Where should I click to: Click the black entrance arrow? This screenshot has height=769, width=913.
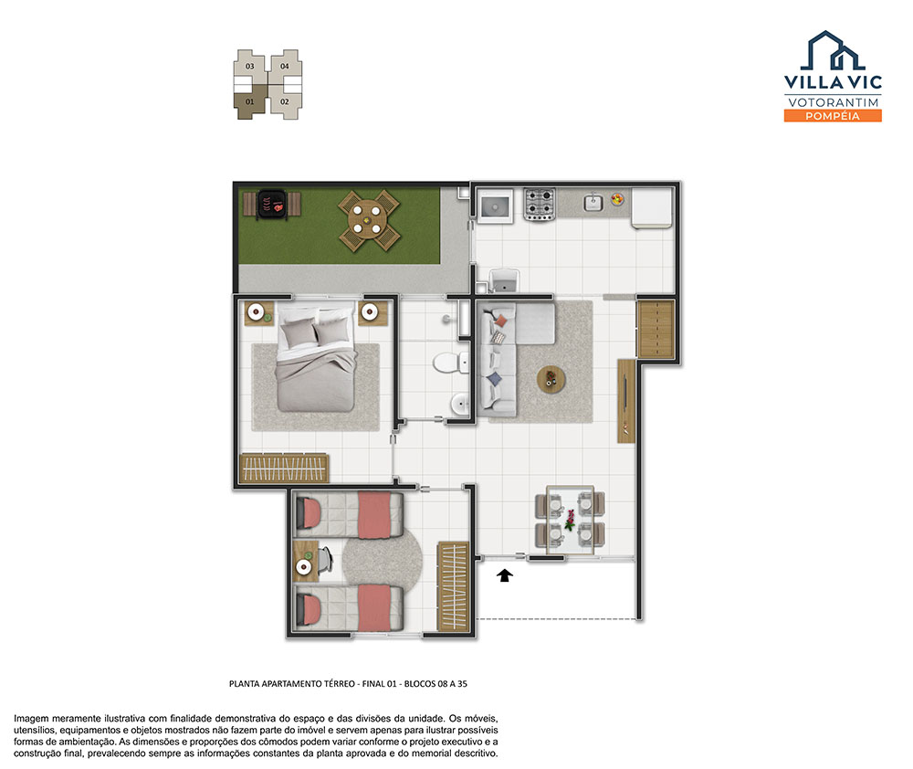coord(505,575)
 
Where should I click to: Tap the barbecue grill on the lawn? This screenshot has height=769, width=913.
coord(272,205)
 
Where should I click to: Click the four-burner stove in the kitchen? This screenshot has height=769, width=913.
coord(539,204)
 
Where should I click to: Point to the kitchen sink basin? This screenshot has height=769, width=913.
coord(593,202)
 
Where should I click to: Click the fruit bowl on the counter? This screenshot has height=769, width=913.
coord(617,199)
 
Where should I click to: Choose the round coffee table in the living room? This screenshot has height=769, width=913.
coord(551,380)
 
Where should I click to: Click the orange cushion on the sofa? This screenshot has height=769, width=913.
coord(500,320)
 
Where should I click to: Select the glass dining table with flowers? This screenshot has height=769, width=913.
coord(570,520)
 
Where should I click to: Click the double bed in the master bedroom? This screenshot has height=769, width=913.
coord(316,358)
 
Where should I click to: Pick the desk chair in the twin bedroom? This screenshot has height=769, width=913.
coord(324,561)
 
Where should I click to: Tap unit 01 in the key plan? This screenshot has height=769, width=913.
coord(250,102)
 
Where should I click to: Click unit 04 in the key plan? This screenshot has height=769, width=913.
coord(285,66)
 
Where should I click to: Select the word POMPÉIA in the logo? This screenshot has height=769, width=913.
coord(833,116)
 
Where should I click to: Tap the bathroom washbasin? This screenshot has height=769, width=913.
coord(459,403)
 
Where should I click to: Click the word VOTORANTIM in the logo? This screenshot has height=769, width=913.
coord(834,102)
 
